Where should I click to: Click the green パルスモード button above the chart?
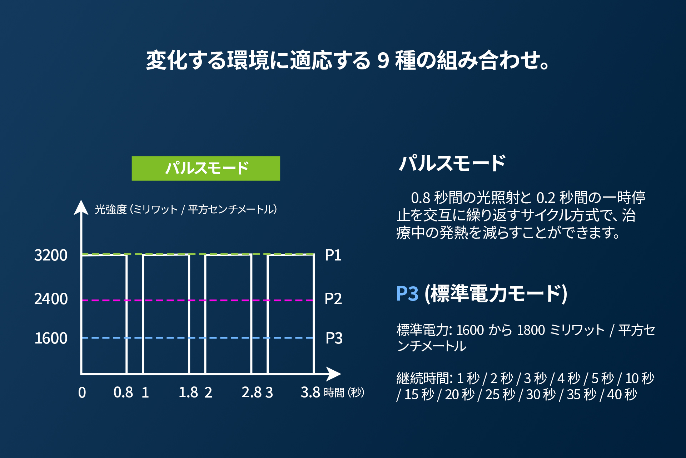[206, 168]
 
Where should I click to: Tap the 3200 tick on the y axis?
[51, 255]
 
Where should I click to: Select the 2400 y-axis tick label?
[51, 299]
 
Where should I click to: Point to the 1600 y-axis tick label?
[51, 338]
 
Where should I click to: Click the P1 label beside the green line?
[333, 255]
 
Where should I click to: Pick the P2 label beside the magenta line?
[333, 299]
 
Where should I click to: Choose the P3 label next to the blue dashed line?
[334, 338]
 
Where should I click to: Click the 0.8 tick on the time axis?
[123, 393]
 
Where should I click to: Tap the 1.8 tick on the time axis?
[188, 393]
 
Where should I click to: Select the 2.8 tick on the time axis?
[251, 393]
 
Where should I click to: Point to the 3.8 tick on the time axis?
[310, 393]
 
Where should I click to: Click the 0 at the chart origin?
[82, 393]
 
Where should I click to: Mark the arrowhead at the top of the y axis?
[81, 208]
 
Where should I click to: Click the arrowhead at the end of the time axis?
[334, 374]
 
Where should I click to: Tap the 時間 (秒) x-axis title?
[344, 393]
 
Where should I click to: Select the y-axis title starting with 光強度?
[186, 209]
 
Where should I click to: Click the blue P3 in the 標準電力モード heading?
[407, 294]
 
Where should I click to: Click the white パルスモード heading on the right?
[452, 163]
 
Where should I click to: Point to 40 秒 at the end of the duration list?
[622, 395]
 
